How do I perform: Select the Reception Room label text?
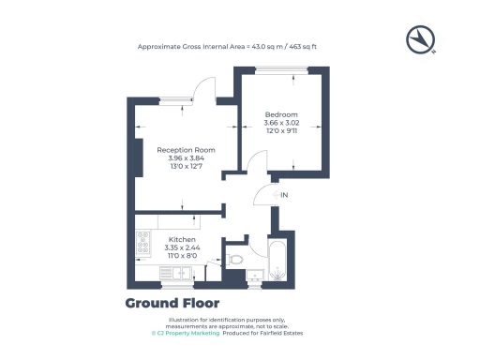coord(186,149)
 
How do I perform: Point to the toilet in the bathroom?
coord(234,258)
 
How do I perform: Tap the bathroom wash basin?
coord(255,275)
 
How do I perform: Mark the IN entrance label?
coord(285,194)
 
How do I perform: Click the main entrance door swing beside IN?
coord(264,194)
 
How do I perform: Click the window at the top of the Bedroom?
coord(280,68)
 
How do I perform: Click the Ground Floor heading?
coord(172,303)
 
